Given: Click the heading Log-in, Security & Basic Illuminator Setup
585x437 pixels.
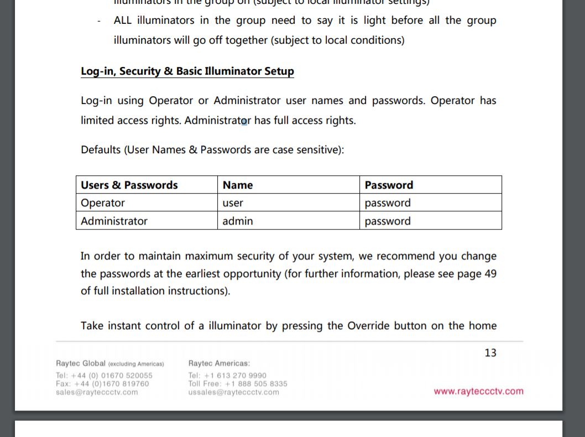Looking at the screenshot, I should point(187,71).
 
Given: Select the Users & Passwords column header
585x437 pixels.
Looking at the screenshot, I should point(129,185).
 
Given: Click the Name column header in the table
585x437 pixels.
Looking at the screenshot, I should point(238,185).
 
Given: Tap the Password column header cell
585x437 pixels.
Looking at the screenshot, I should point(389,185).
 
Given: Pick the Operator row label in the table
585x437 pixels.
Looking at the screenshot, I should point(103,203).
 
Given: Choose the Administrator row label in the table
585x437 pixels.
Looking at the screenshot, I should point(114,221).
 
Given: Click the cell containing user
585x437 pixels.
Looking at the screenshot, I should point(233,203).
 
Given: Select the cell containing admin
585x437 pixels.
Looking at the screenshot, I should point(238,221).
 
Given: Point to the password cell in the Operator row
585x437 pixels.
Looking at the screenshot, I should point(388,203).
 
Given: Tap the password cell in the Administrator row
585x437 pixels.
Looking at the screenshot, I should point(388,221).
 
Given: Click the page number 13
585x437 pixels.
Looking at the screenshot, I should point(490,353).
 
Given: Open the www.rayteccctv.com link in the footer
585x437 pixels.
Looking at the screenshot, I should point(478,392).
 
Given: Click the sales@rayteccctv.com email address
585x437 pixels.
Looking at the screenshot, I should point(97,392).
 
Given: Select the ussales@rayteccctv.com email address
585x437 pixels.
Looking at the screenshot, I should point(233,392).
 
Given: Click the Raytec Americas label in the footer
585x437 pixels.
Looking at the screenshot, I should point(219,363).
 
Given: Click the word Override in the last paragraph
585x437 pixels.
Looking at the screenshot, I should point(369,326).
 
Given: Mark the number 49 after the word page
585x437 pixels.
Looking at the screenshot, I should point(490,274).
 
